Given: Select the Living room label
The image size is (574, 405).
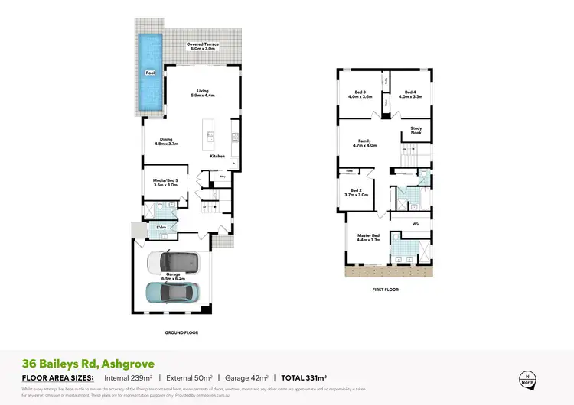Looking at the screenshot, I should coord(202,93).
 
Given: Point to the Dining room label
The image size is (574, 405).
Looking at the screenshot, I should coord(166,141).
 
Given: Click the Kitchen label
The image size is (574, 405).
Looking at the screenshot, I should coord(217,156).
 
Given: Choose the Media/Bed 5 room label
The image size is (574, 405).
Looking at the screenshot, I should coord(165,183).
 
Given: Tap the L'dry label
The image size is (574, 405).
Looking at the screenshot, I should coord(161,227).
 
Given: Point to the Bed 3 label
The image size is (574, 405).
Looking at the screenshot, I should coord(360,95).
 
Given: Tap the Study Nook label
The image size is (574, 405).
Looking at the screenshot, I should coord(416,131).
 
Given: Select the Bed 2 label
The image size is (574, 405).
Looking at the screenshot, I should coord(359,193).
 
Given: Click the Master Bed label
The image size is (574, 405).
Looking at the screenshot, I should coord(369,238).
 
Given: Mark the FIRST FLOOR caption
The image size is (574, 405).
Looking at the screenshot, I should coord(386,290).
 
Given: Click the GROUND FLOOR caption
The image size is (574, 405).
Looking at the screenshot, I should coord(181,332).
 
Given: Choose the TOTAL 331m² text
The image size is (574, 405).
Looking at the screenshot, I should coord(304,377).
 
